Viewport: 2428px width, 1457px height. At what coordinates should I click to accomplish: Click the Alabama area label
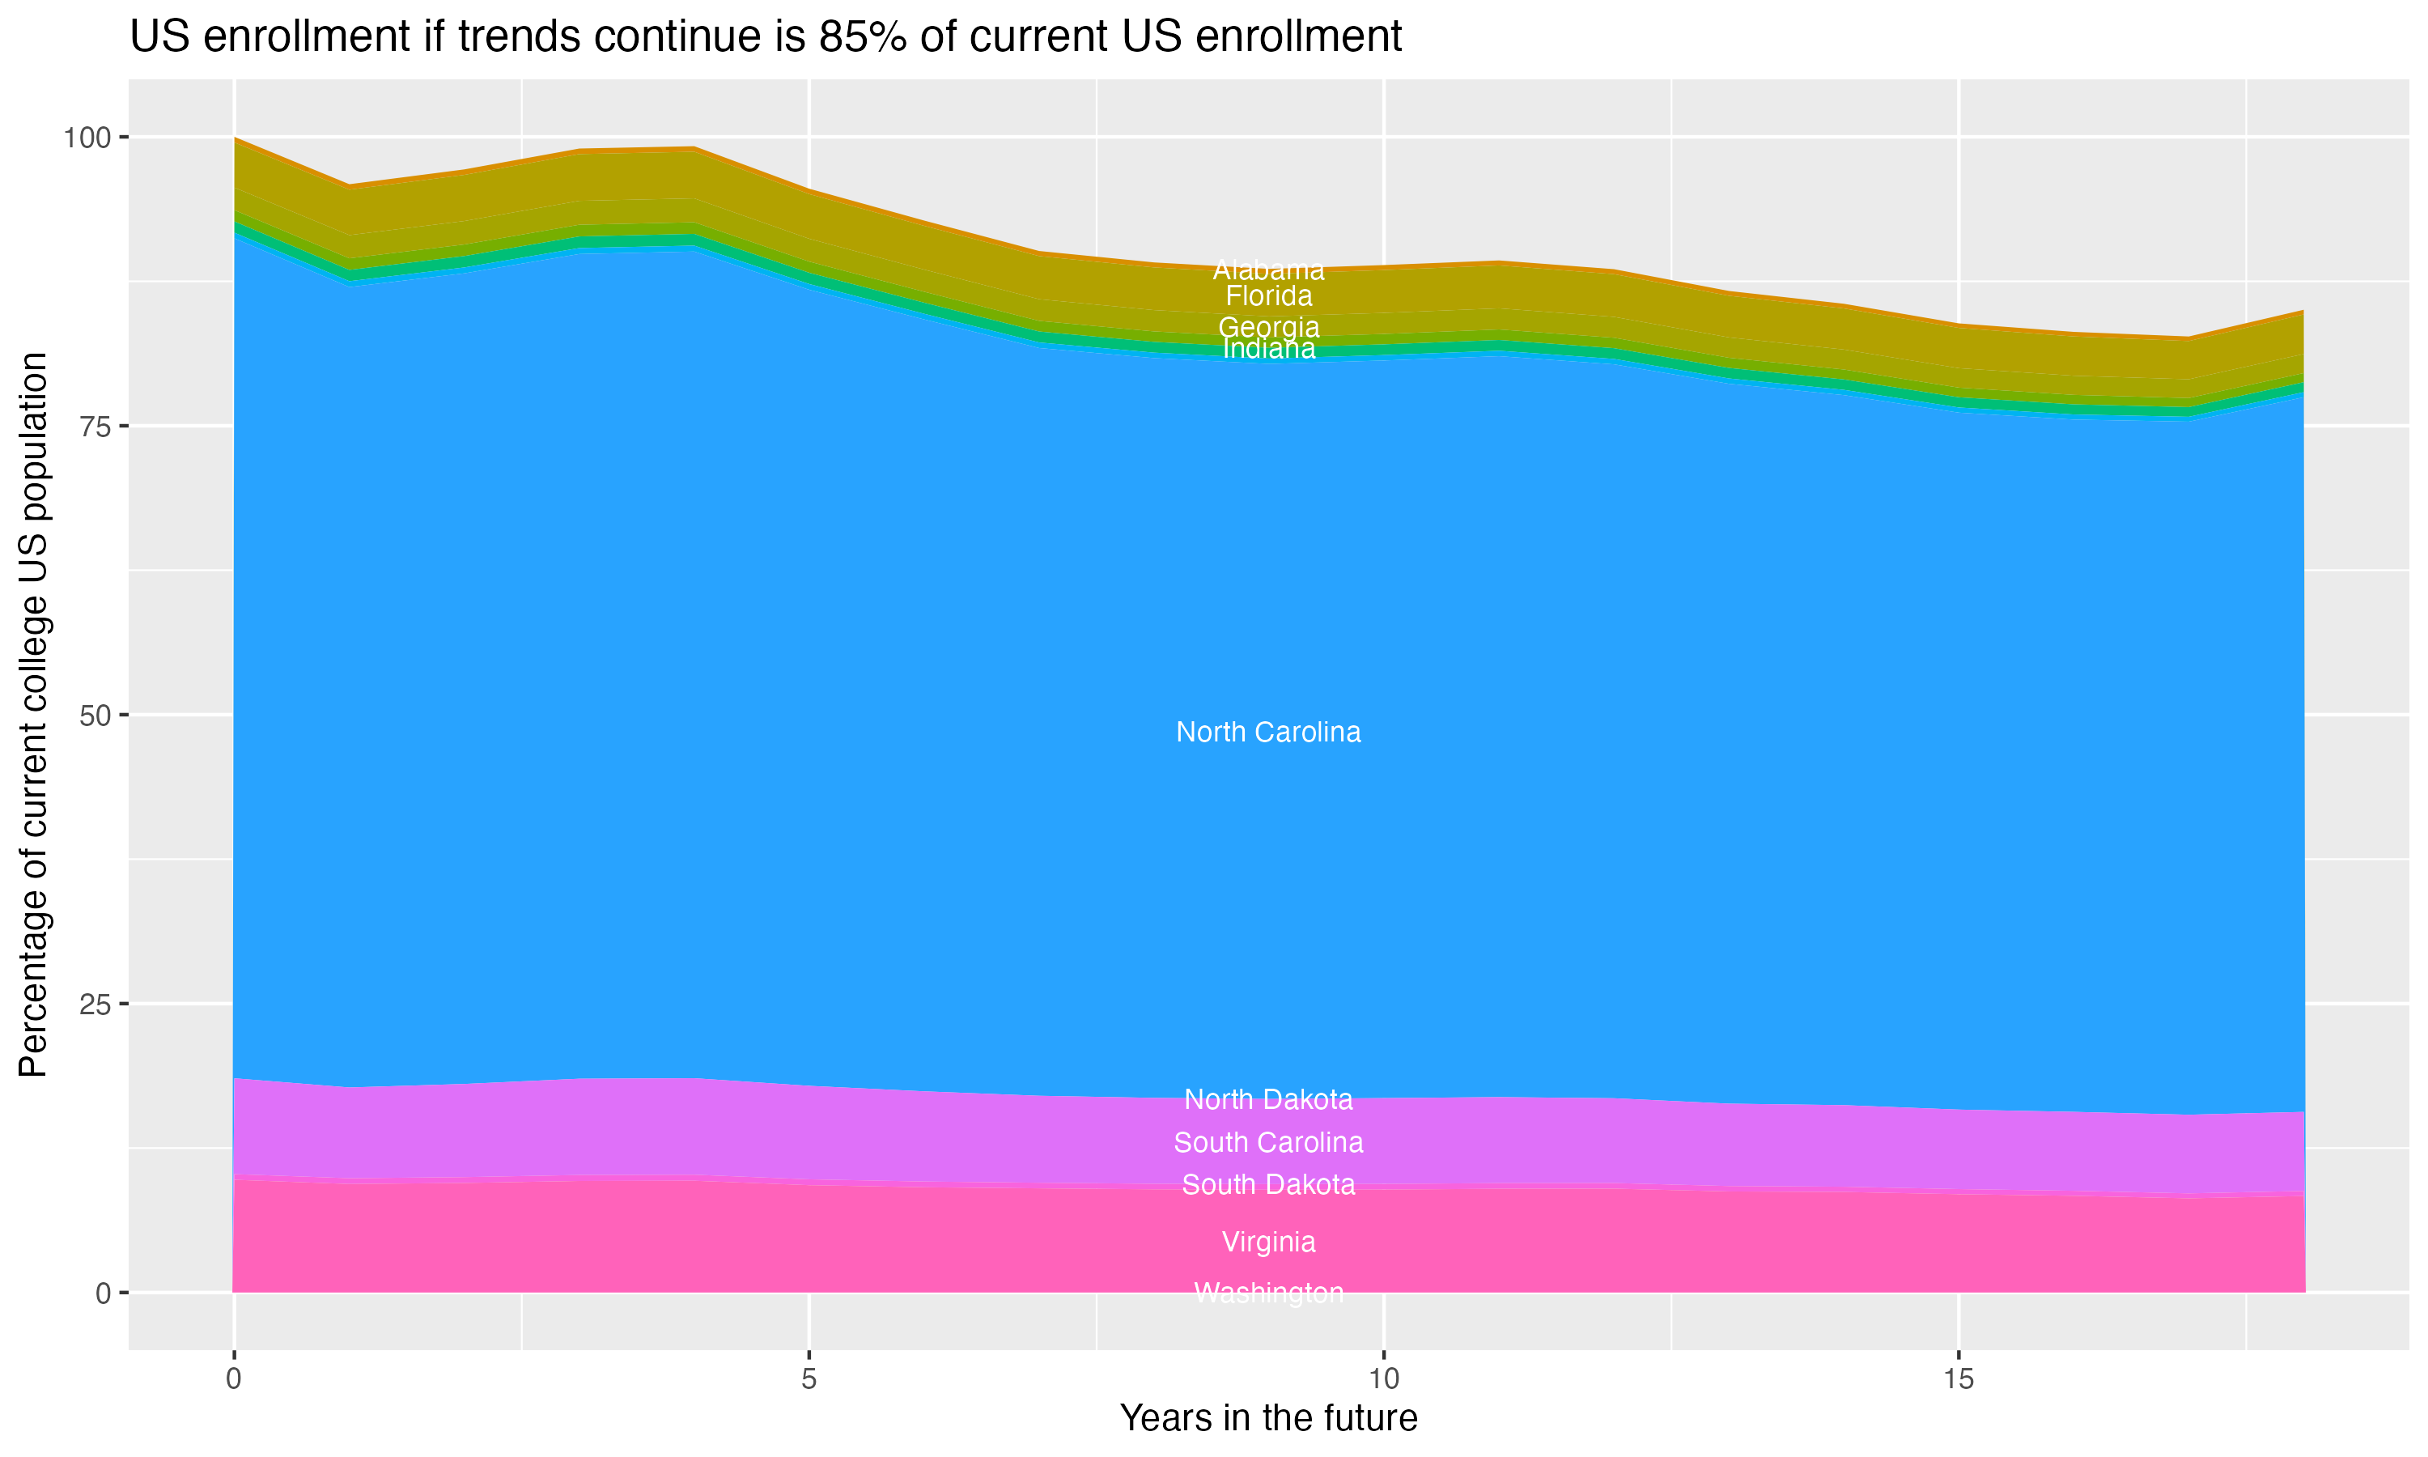click(x=1268, y=270)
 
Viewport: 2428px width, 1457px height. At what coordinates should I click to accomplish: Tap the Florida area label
click(x=1268, y=295)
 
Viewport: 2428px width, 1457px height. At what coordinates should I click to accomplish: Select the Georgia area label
click(x=1268, y=327)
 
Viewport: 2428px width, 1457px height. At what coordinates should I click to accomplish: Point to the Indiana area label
click(x=1268, y=350)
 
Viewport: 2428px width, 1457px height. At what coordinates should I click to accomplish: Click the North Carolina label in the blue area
click(x=1268, y=733)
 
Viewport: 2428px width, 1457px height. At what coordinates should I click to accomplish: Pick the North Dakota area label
click(x=1268, y=1099)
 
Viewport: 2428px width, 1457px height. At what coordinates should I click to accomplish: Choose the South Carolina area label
click(x=1268, y=1143)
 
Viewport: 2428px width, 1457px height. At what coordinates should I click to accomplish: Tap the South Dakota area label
click(x=1268, y=1185)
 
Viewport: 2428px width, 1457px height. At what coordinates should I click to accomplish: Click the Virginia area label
click(x=1268, y=1242)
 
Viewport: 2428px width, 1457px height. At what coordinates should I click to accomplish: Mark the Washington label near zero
click(x=1268, y=1293)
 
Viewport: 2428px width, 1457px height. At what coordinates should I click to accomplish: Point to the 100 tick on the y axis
click(x=87, y=138)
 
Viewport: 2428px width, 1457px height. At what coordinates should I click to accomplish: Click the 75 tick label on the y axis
click(x=96, y=426)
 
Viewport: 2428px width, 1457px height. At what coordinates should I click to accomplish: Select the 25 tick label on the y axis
click(x=96, y=1005)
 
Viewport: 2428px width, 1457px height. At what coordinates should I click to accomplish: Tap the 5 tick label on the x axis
click(x=809, y=1379)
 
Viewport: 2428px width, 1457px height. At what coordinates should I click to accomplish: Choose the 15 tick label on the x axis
click(x=1958, y=1379)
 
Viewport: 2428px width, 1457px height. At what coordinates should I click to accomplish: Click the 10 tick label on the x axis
click(x=1383, y=1379)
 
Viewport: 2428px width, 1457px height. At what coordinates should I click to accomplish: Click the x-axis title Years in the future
click(x=1268, y=1419)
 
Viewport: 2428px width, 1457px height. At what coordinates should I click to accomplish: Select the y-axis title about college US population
click(x=33, y=715)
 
